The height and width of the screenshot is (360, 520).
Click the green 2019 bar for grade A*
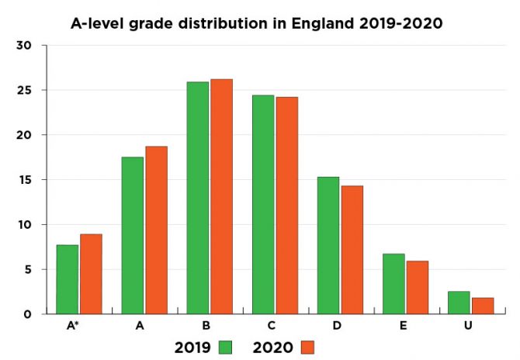[x=67, y=279]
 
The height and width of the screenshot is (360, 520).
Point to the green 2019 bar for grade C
[x=263, y=205]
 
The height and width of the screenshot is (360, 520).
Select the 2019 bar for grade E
[x=393, y=284]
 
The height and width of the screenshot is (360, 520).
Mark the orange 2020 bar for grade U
[x=483, y=306]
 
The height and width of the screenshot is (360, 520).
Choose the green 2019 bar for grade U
[x=459, y=303]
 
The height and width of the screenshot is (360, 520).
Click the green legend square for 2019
[x=227, y=347]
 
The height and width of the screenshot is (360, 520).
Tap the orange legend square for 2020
[x=307, y=347]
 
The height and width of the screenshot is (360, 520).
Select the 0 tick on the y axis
[x=27, y=314]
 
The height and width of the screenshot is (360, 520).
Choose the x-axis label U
[x=468, y=326]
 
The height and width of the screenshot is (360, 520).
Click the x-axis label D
[x=337, y=326]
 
